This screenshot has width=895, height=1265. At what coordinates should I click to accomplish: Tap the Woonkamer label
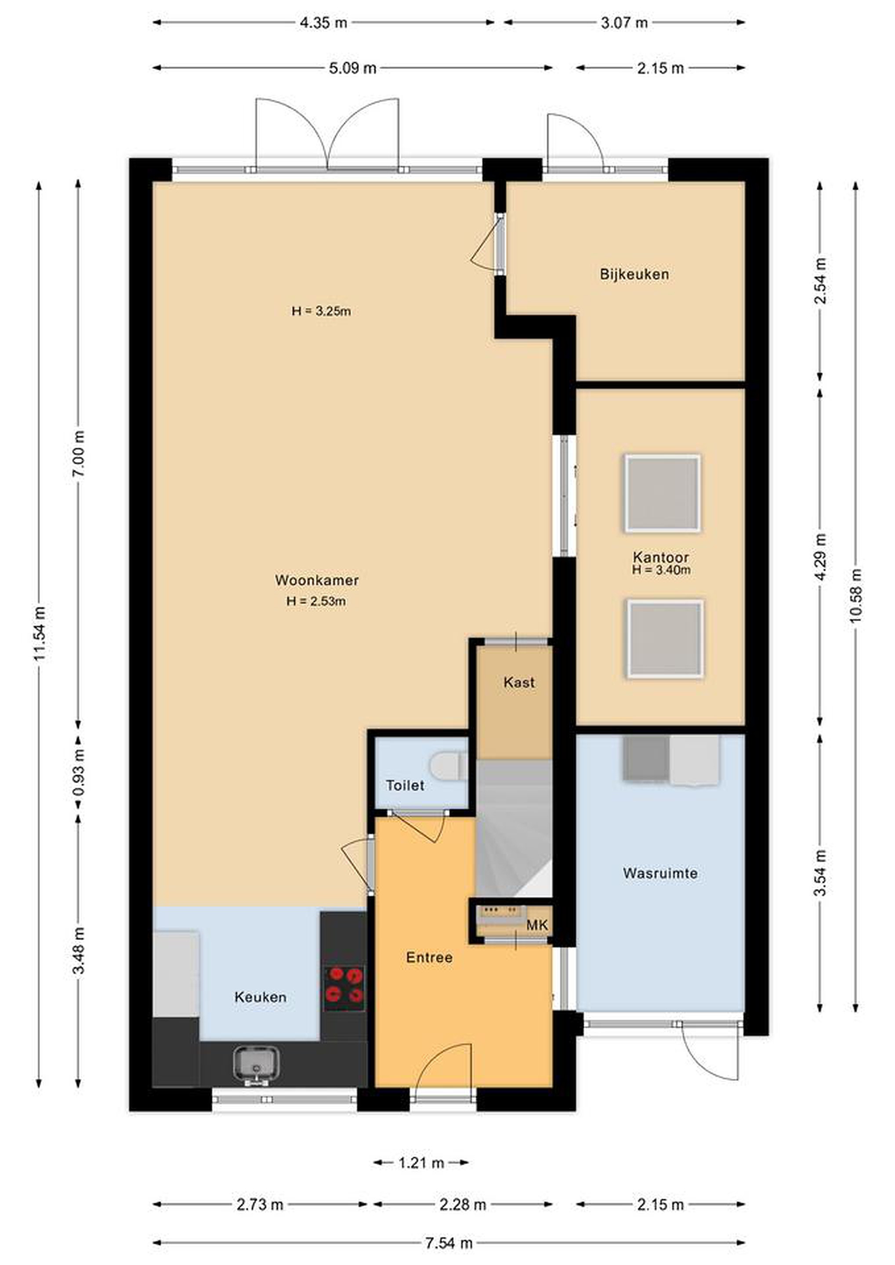click(x=317, y=580)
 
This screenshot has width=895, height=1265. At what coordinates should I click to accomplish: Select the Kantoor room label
click(x=661, y=557)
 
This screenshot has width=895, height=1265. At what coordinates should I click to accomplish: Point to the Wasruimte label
click(x=660, y=873)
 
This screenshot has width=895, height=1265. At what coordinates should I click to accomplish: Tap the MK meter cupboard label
click(x=537, y=925)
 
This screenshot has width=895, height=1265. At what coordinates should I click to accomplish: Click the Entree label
click(x=429, y=958)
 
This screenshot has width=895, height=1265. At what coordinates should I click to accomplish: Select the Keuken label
click(x=260, y=997)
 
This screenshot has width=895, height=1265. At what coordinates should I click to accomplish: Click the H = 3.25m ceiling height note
click(x=321, y=311)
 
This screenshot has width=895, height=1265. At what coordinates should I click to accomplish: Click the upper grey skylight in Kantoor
click(x=663, y=493)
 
